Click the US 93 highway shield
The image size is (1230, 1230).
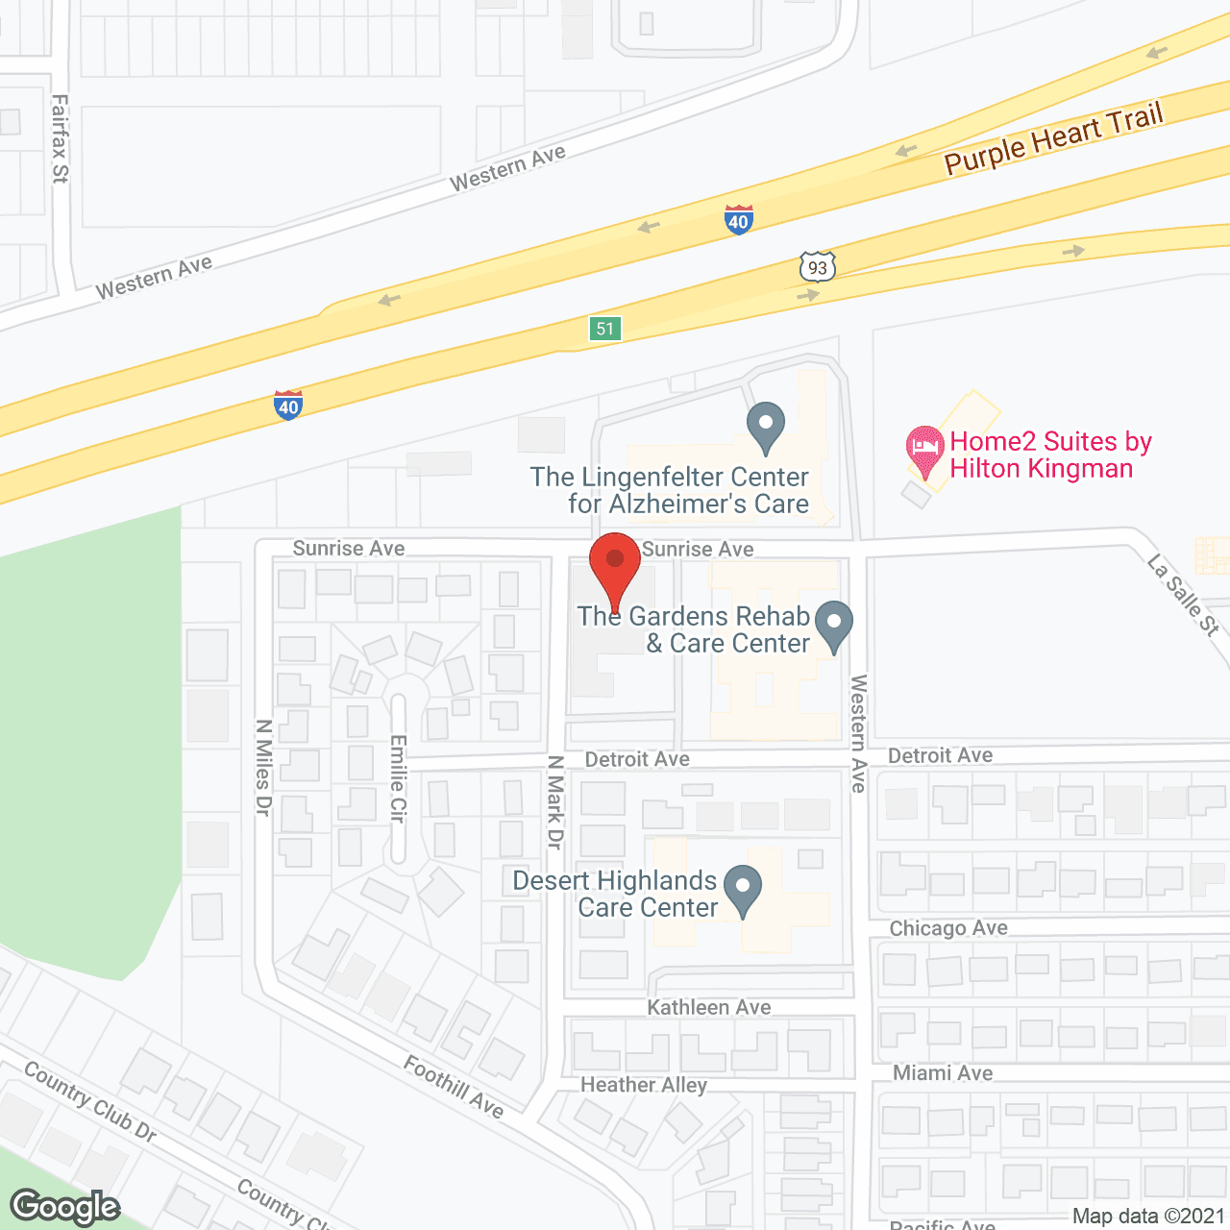818,266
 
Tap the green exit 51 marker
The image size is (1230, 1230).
604,329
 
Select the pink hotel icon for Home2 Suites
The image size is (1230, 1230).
924,450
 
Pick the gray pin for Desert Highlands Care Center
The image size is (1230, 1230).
742,890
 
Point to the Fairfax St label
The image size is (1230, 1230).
60,138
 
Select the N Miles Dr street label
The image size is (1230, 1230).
264,768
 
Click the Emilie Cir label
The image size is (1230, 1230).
399,778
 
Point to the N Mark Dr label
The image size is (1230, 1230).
555,802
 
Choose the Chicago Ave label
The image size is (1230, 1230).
948,928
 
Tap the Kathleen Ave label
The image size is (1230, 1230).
709,1007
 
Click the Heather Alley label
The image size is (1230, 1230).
644,1085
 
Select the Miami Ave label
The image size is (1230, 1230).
943,1072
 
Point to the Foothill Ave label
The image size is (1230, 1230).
454,1087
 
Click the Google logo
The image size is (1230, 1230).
65,1207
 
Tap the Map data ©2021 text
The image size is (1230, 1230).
1148,1217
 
